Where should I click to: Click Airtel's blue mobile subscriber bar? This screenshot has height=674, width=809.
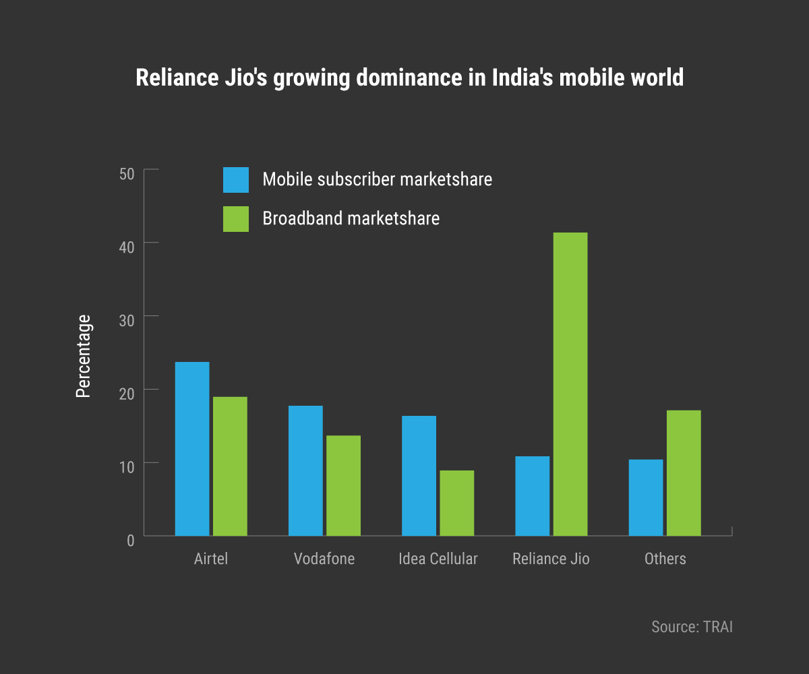(x=192, y=449)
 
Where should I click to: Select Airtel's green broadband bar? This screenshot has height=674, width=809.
(x=230, y=466)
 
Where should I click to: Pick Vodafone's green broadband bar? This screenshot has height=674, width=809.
(x=343, y=485)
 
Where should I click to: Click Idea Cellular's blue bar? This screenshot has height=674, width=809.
(x=419, y=476)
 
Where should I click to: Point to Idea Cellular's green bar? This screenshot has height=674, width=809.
(x=456, y=503)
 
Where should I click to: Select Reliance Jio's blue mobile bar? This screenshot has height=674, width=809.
(x=532, y=496)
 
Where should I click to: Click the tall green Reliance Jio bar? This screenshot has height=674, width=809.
(x=570, y=384)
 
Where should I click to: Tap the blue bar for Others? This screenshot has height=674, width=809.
(x=645, y=497)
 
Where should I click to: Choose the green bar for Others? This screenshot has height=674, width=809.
(x=683, y=473)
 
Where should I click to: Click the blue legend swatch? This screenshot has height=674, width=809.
(x=236, y=180)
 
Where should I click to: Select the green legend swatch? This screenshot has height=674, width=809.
(x=236, y=219)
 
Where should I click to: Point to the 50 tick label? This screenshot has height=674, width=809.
(x=127, y=174)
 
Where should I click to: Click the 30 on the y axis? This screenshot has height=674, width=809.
(x=127, y=319)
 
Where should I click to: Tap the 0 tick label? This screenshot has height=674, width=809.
(x=130, y=540)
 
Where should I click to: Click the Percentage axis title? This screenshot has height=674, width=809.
(x=83, y=356)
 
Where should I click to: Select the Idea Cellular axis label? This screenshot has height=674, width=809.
(x=438, y=559)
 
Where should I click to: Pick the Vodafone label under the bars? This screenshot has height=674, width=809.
(x=324, y=559)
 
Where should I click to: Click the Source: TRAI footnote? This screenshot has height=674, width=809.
(x=692, y=626)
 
